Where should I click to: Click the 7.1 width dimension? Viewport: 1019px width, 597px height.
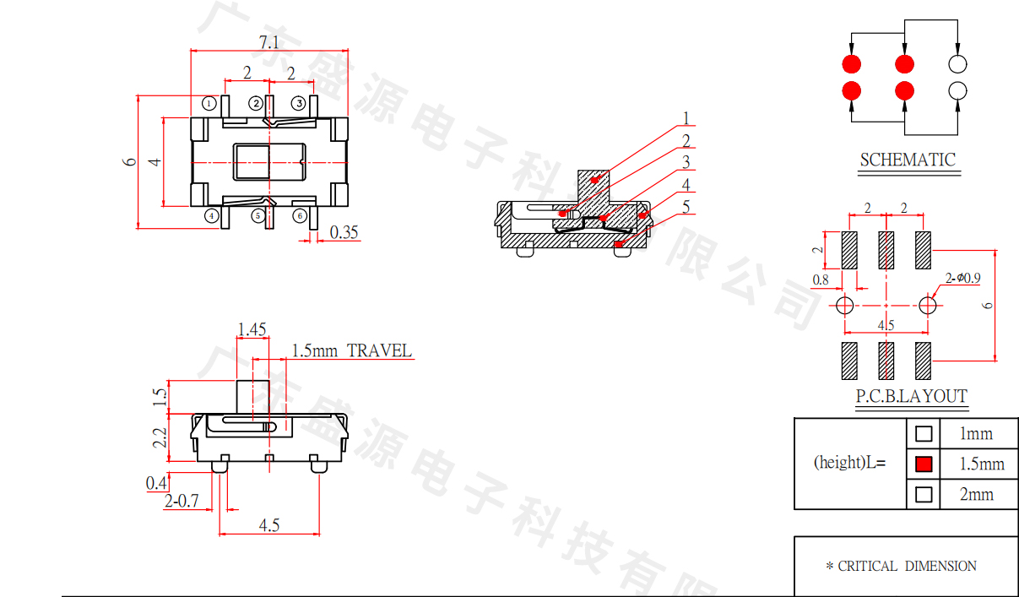(x=268, y=41)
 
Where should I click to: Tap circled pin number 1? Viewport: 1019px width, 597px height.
(x=210, y=103)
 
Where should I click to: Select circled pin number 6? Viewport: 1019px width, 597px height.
(x=300, y=215)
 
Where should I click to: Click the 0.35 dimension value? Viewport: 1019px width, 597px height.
(x=344, y=232)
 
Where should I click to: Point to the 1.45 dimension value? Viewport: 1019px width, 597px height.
(x=252, y=329)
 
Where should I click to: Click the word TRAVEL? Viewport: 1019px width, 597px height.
(x=380, y=350)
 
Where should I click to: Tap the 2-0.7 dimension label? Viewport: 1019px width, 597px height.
(x=182, y=502)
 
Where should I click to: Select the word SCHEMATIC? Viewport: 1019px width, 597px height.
(x=908, y=160)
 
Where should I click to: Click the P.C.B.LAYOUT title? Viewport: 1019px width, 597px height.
(x=911, y=396)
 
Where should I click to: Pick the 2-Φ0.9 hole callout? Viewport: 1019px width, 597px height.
(x=963, y=277)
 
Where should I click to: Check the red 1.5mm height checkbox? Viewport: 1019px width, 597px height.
(x=924, y=464)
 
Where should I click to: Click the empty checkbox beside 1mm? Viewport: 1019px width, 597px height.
(x=924, y=434)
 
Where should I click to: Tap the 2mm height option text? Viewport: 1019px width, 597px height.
(x=977, y=494)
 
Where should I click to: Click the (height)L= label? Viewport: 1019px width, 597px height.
(x=849, y=463)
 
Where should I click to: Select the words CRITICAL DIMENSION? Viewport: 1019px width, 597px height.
(x=907, y=566)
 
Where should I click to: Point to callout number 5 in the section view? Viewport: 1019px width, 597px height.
(x=686, y=206)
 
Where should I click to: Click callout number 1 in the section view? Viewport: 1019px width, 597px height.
(x=686, y=119)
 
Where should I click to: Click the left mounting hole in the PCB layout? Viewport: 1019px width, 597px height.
(x=845, y=305)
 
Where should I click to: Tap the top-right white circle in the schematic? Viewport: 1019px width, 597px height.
(x=957, y=64)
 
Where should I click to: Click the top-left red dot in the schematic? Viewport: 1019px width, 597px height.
(x=851, y=64)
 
